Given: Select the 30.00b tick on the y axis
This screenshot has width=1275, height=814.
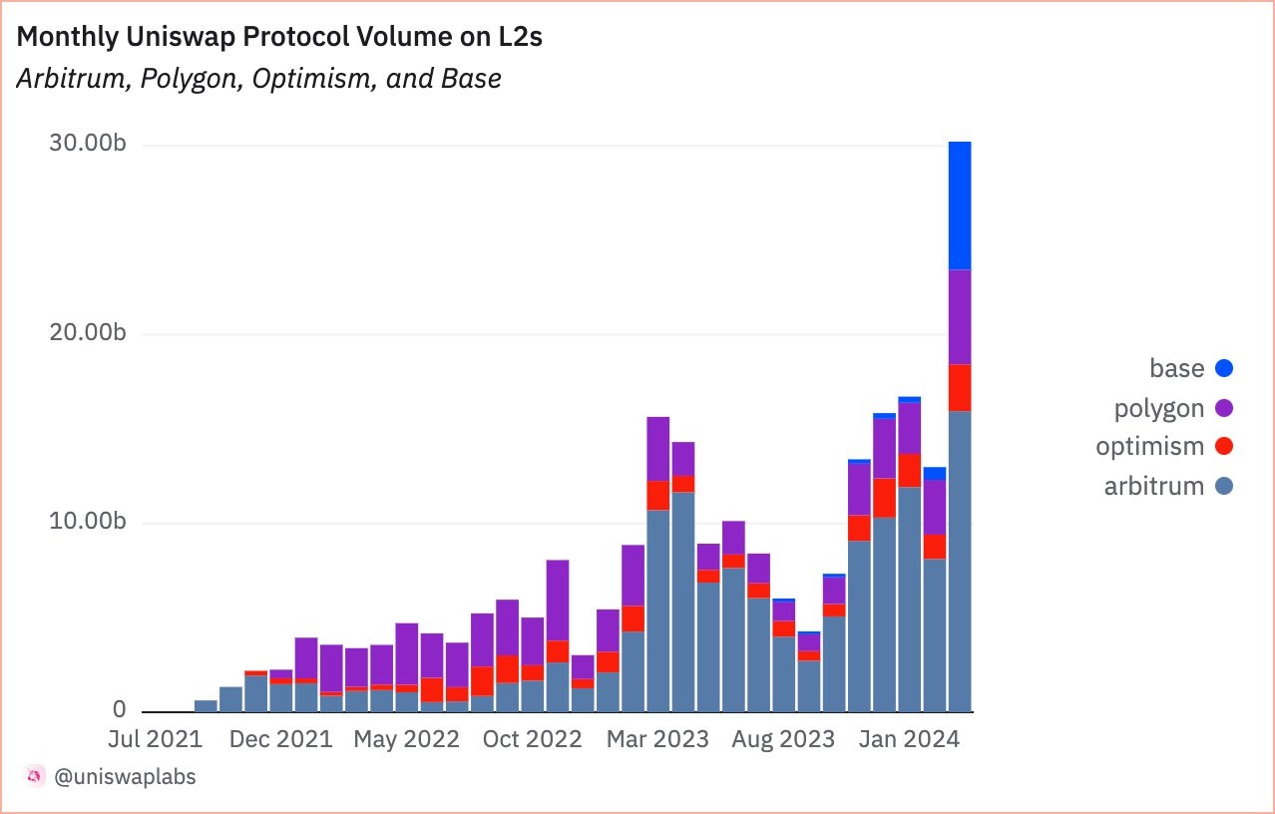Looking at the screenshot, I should click(87, 144).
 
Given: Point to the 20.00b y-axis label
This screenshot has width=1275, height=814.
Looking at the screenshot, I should click(87, 333).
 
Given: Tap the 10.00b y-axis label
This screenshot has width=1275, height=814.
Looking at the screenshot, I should click(87, 522).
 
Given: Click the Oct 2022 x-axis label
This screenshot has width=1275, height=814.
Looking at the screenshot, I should click(531, 739).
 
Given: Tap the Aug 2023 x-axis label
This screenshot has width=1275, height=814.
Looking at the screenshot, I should click(783, 739).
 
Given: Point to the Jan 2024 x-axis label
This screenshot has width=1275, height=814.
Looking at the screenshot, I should click(909, 739).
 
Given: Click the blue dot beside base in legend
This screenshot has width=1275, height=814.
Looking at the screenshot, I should click(1225, 368).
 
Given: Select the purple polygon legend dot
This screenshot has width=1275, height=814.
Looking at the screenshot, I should click(1225, 407).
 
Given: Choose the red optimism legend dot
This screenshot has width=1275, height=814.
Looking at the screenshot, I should click(1225, 446).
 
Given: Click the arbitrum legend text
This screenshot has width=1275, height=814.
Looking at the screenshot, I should click(1154, 486).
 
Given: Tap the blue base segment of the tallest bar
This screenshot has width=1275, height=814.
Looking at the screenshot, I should click(960, 205).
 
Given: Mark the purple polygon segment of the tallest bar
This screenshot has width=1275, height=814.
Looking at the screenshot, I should click(960, 317).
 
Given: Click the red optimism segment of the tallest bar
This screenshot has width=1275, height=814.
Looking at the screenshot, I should click(960, 388).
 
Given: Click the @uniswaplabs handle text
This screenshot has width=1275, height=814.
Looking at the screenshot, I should click(125, 776).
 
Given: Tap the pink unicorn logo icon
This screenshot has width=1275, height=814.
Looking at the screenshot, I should click(35, 776).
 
